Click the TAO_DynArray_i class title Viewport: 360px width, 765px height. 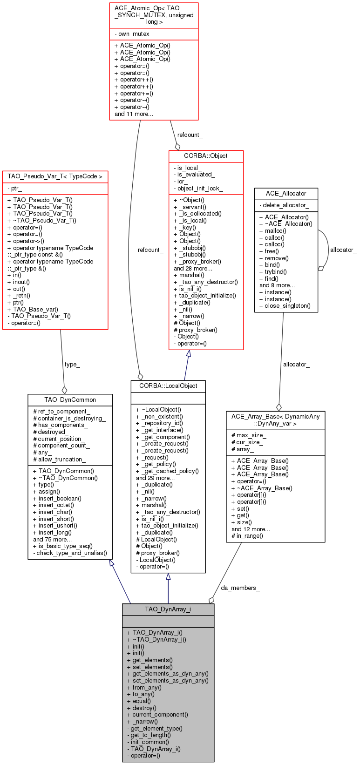(x=168, y=609)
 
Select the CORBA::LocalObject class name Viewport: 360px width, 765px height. (x=168, y=386)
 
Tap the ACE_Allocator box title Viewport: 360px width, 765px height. (x=286, y=193)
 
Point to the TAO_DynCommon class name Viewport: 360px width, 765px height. (x=70, y=399)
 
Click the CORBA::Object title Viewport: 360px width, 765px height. (x=206, y=156)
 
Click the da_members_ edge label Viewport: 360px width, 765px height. (x=240, y=588)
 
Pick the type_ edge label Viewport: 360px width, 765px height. (x=72, y=365)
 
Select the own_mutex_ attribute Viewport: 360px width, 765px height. (x=134, y=34)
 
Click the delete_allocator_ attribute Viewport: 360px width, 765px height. (x=284, y=205)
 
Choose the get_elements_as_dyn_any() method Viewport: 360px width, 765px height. (x=168, y=673)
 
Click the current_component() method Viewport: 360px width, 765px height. (x=157, y=714)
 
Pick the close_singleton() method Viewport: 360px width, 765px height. (x=285, y=305)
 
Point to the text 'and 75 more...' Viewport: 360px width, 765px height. (x=52, y=539)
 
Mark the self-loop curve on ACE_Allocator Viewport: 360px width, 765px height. (x=328, y=250)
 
